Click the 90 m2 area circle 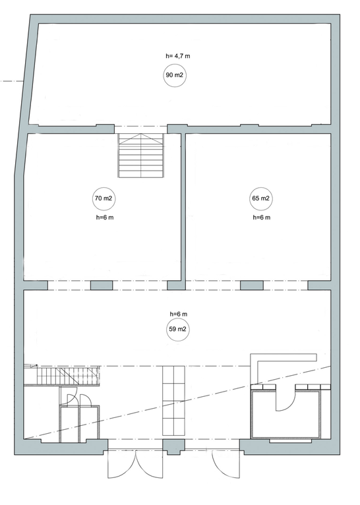coord(175,75)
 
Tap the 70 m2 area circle coord(104,198)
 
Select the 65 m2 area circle coord(260,198)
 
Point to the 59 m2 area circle coord(177,330)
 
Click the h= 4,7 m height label coord(178,56)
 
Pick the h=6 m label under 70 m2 coord(105,218)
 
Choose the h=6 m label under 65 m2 coord(262,218)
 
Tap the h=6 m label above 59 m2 coord(179,314)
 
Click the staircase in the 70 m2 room coord(141,155)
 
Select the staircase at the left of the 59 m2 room coord(61,375)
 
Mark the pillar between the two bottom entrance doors coord(173,447)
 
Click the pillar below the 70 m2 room coord(102,285)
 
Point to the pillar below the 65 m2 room coord(252,285)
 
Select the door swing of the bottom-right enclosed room coord(285,400)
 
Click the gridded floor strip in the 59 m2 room coord(173,400)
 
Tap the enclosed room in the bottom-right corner coord(286,415)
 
